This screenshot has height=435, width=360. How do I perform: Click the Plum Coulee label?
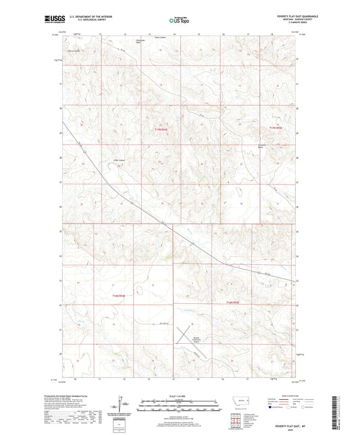click(161, 37)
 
